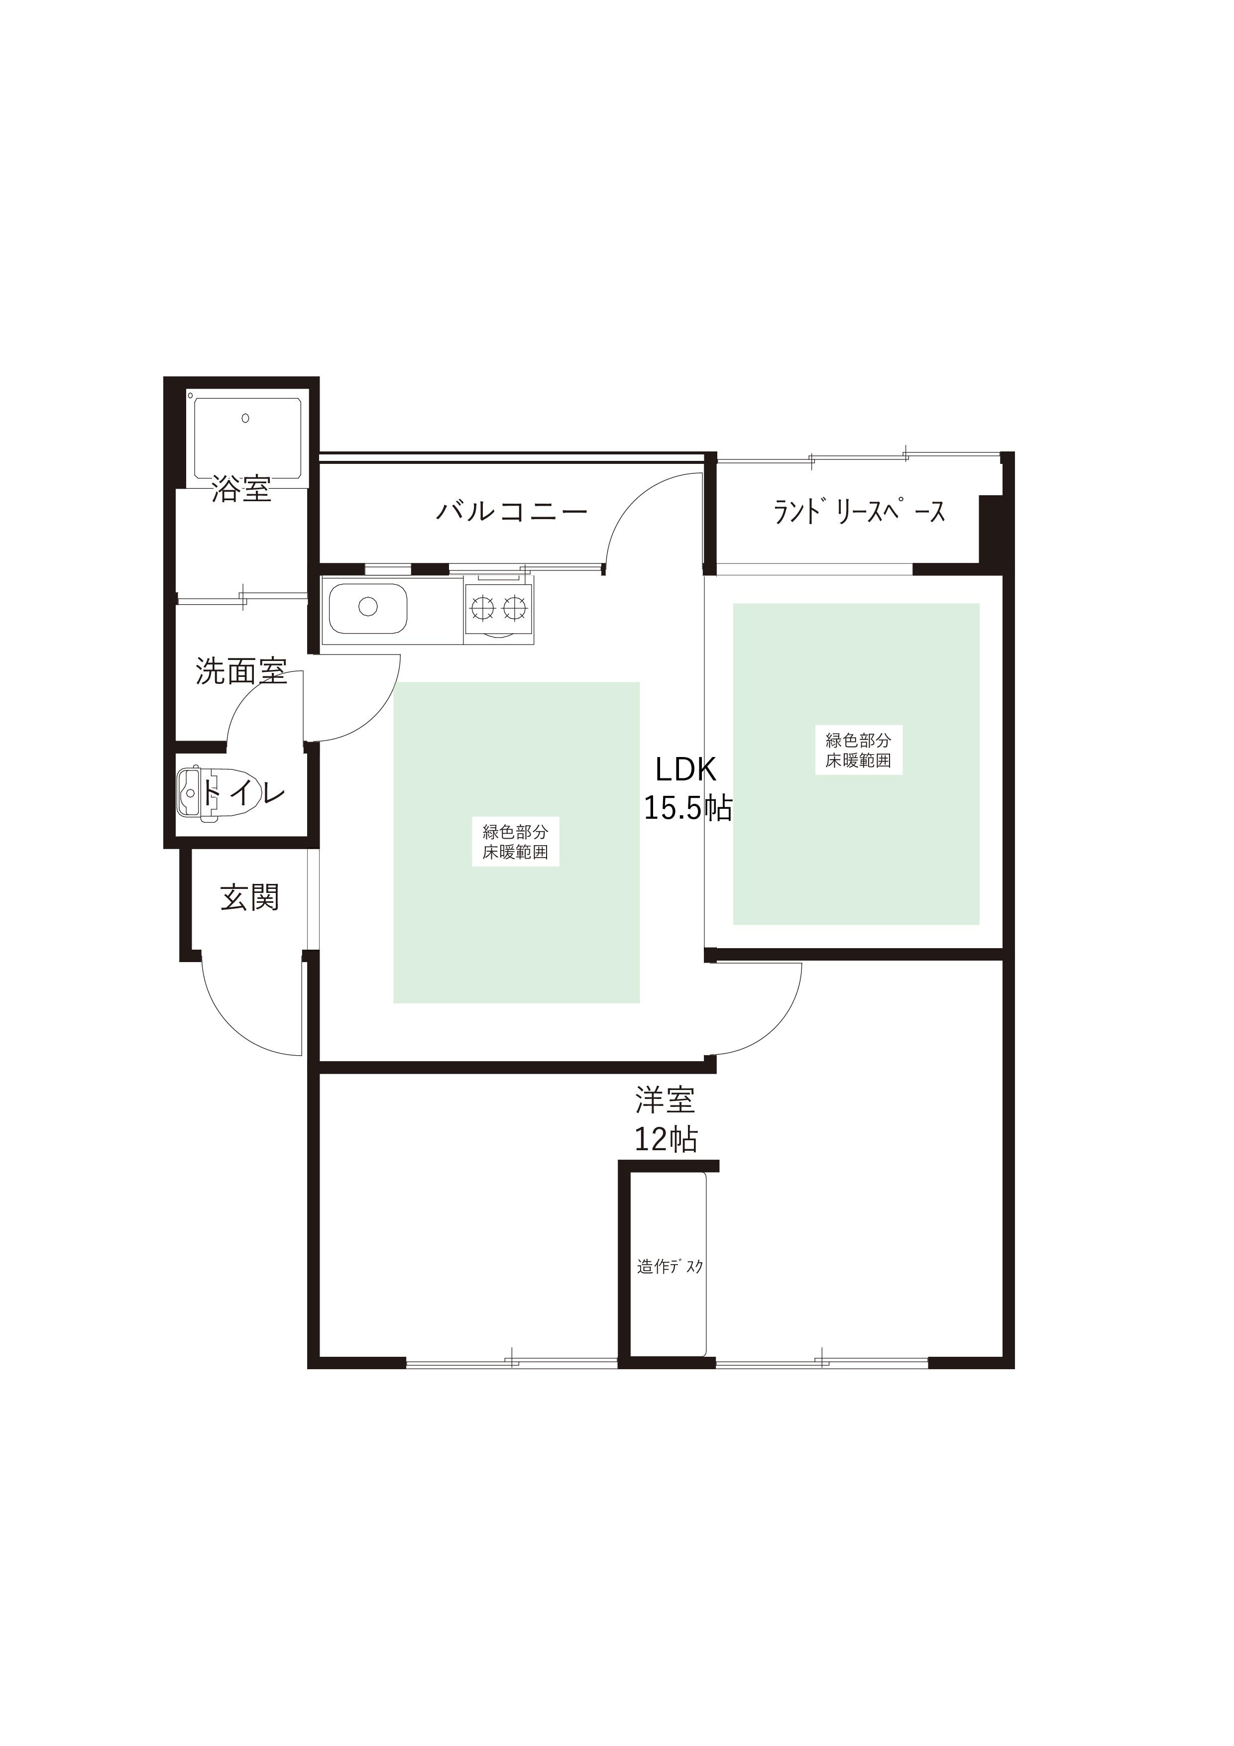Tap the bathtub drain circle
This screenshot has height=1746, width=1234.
245,418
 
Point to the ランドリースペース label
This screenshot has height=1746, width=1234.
859,512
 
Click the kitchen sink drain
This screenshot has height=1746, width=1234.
368,607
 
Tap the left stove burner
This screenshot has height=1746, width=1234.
482,607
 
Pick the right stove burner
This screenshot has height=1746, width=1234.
515,607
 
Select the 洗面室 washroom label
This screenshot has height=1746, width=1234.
241,671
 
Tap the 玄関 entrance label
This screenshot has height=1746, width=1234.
250,898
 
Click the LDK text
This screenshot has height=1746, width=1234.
686,770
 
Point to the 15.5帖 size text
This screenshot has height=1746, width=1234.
687,808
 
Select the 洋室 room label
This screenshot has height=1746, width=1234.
665,1100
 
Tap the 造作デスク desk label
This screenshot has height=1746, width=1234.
670,1267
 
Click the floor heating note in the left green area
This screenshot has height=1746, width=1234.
516,842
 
